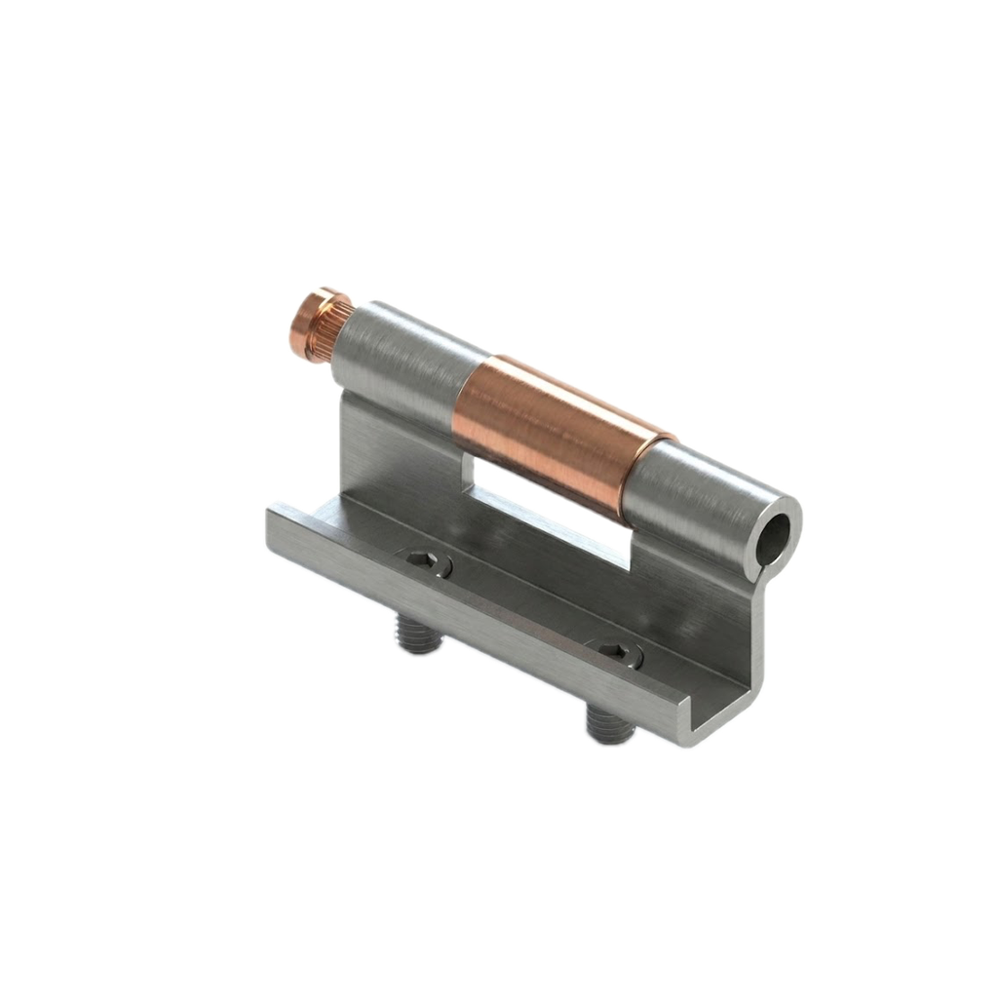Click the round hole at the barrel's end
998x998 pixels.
773,535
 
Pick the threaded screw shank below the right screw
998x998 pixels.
608,727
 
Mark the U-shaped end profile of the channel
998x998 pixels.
721,716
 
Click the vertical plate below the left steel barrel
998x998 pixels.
390,448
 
